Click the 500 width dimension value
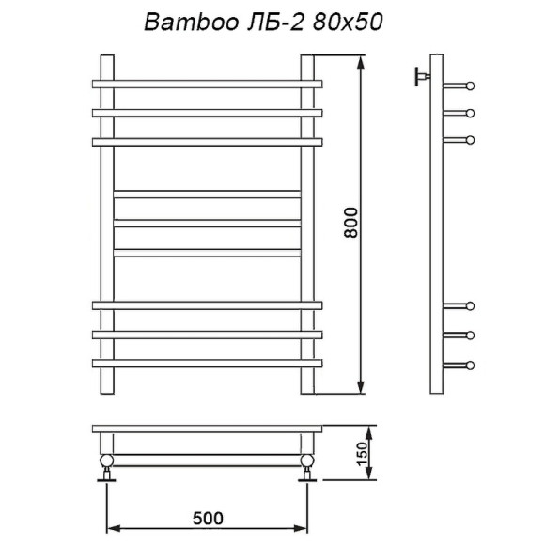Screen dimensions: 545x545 click(208, 518)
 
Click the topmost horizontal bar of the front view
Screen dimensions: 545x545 click(207, 85)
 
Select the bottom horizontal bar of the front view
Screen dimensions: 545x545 click(207, 362)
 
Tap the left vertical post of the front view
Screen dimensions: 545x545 click(106, 226)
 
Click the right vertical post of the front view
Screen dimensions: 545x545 click(307, 226)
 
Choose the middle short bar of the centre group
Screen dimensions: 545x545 click(207, 224)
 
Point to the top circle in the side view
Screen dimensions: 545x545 click(470, 86)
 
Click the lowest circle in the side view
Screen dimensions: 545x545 click(470, 365)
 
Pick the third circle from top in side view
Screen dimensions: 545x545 click(470, 140)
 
